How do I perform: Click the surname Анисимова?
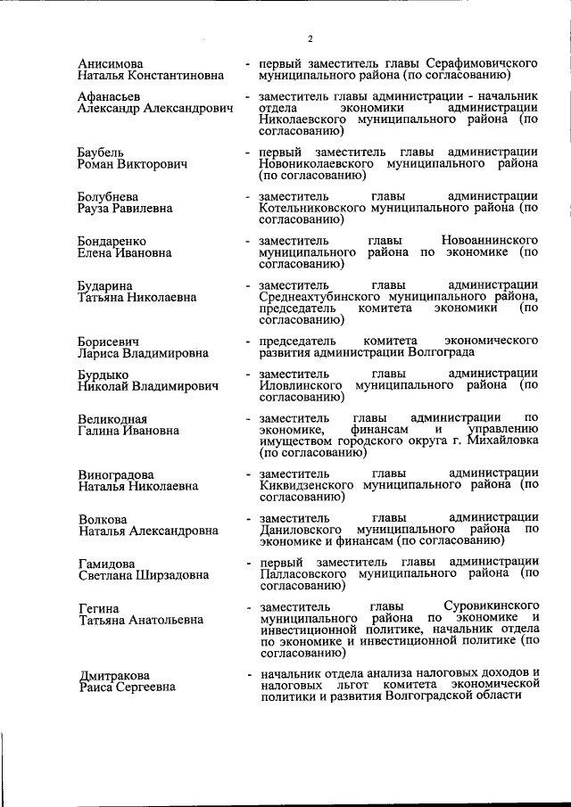click(x=111, y=65)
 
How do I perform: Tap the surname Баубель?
click(x=101, y=153)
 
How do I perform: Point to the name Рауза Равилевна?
click(x=126, y=209)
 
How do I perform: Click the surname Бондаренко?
click(x=112, y=242)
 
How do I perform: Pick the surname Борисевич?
click(x=109, y=342)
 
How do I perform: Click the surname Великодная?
click(x=112, y=420)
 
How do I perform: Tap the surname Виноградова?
click(x=116, y=475)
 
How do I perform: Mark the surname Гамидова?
click(x=107, y=564)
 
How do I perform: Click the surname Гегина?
click(x=97, y=607)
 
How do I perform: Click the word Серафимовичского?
click(x=480, y=65)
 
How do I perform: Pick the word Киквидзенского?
click(x=307, y=485)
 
